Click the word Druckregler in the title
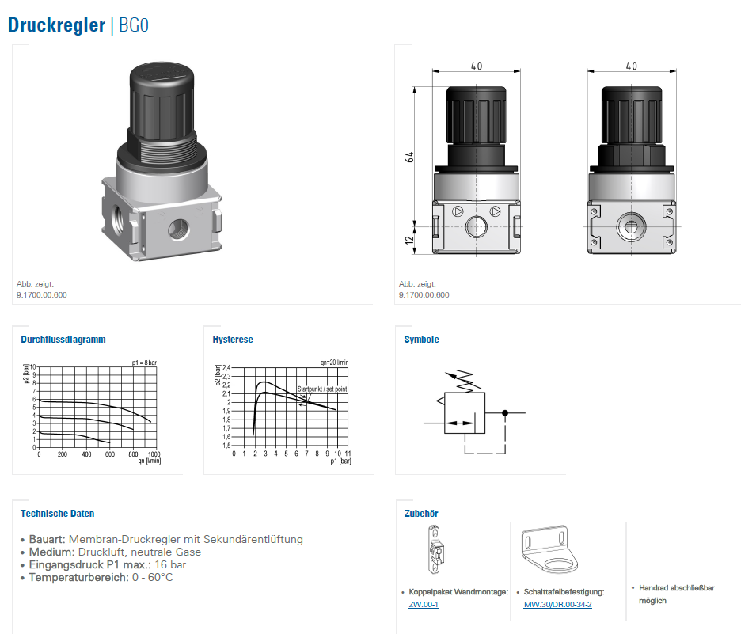[57, 25]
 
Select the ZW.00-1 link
[424, 604]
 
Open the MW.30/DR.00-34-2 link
[557, 604]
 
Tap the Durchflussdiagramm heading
[63, 340]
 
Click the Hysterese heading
[233, 340]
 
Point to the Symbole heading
[421, 340]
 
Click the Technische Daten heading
[57, 514]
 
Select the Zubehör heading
[421, 514]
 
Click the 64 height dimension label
[409, 158]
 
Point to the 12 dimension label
[409, 240]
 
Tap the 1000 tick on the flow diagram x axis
[154, 454]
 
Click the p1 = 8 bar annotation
[144, 363]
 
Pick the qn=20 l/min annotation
[335, 363]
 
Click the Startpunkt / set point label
[322, 389]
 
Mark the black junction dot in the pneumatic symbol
[505, 413]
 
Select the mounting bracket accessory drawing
[549, 549]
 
